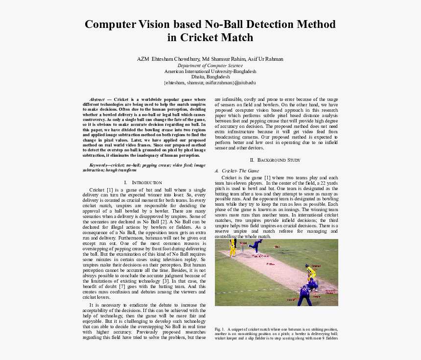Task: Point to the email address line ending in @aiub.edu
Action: (210, 82)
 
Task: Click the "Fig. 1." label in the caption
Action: (219, 329)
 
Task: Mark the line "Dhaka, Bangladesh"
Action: (210, 77)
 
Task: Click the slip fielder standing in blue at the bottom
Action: (304, 295)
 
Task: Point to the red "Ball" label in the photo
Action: (277, 247)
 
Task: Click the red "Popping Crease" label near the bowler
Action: (260, 256)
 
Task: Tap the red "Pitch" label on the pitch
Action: (270, 264)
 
